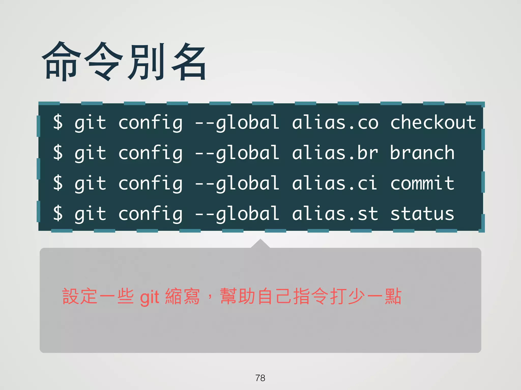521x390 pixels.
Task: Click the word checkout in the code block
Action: point(433,123)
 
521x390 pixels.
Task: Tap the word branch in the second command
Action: point(422,153)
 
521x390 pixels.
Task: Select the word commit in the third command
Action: point(422,183)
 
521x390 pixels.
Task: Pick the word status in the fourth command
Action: point(422,214)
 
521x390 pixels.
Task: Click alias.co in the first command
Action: point(335,123)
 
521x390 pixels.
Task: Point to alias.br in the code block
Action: point(335,153)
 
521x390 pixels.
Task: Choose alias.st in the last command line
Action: point(335,214)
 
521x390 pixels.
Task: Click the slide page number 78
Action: point(260,378)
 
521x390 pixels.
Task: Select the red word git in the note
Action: point(150,297)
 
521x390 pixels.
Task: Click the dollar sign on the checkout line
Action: point(58,123)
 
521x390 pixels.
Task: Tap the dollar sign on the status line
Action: point(58,214)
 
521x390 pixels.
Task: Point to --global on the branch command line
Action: point(237,154)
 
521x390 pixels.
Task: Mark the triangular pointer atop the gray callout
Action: point(260,244)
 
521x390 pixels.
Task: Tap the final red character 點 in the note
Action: point(393,296)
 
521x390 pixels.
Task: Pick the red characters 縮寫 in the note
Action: point(182,296)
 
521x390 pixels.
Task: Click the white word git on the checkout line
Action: point(90,123)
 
